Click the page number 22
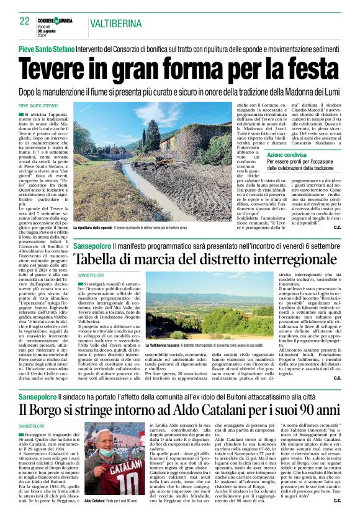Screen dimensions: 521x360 pos(24,21)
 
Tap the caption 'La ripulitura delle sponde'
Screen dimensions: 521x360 pos(93,228)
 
